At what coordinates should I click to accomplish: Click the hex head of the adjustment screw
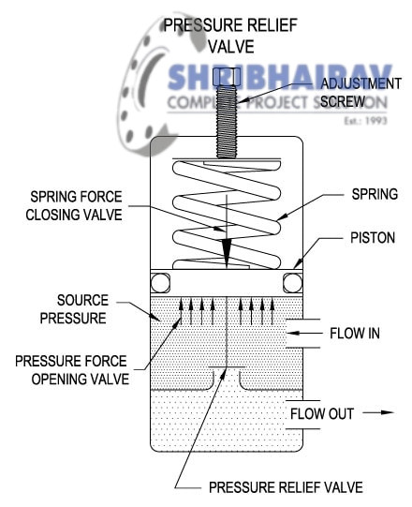[x=227, y=76]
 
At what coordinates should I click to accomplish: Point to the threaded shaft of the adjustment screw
[x=227, y=122]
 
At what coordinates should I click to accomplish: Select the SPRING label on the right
[x=372, y=194]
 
